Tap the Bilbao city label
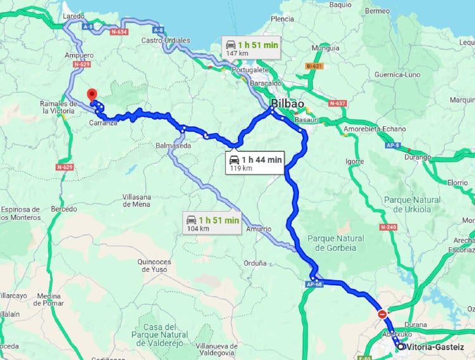pyautogui.click(x=288, y=104)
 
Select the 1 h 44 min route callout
pyautogui.click(x=256, y=163)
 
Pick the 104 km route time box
pyautogui.click(x=212, y=224)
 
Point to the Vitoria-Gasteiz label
pyautogui.click(x=436, y=347)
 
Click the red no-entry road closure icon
pyautogui.click(x=382, y=314)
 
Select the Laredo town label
pyautogui.click(x=74, y=16)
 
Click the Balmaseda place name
pyautogui.click(x=173, y=146)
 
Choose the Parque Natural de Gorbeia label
pyautogui.click(x=336, y=242)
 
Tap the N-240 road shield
pyautogui.click(x=388, y=227)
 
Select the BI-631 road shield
pyautogui.click(x=314, y=66)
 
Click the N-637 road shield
pyautogui.click(x=338, y=103)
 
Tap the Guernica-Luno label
pyautogui.click(x=397, y=74)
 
